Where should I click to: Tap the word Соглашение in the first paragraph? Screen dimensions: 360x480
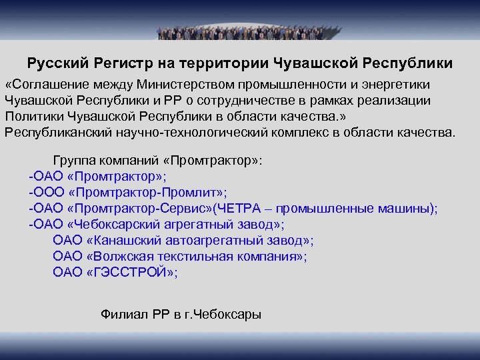coord(47,85)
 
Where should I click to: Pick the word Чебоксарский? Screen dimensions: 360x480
coord(133,224)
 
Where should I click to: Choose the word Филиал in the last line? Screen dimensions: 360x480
coord(121,313)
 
